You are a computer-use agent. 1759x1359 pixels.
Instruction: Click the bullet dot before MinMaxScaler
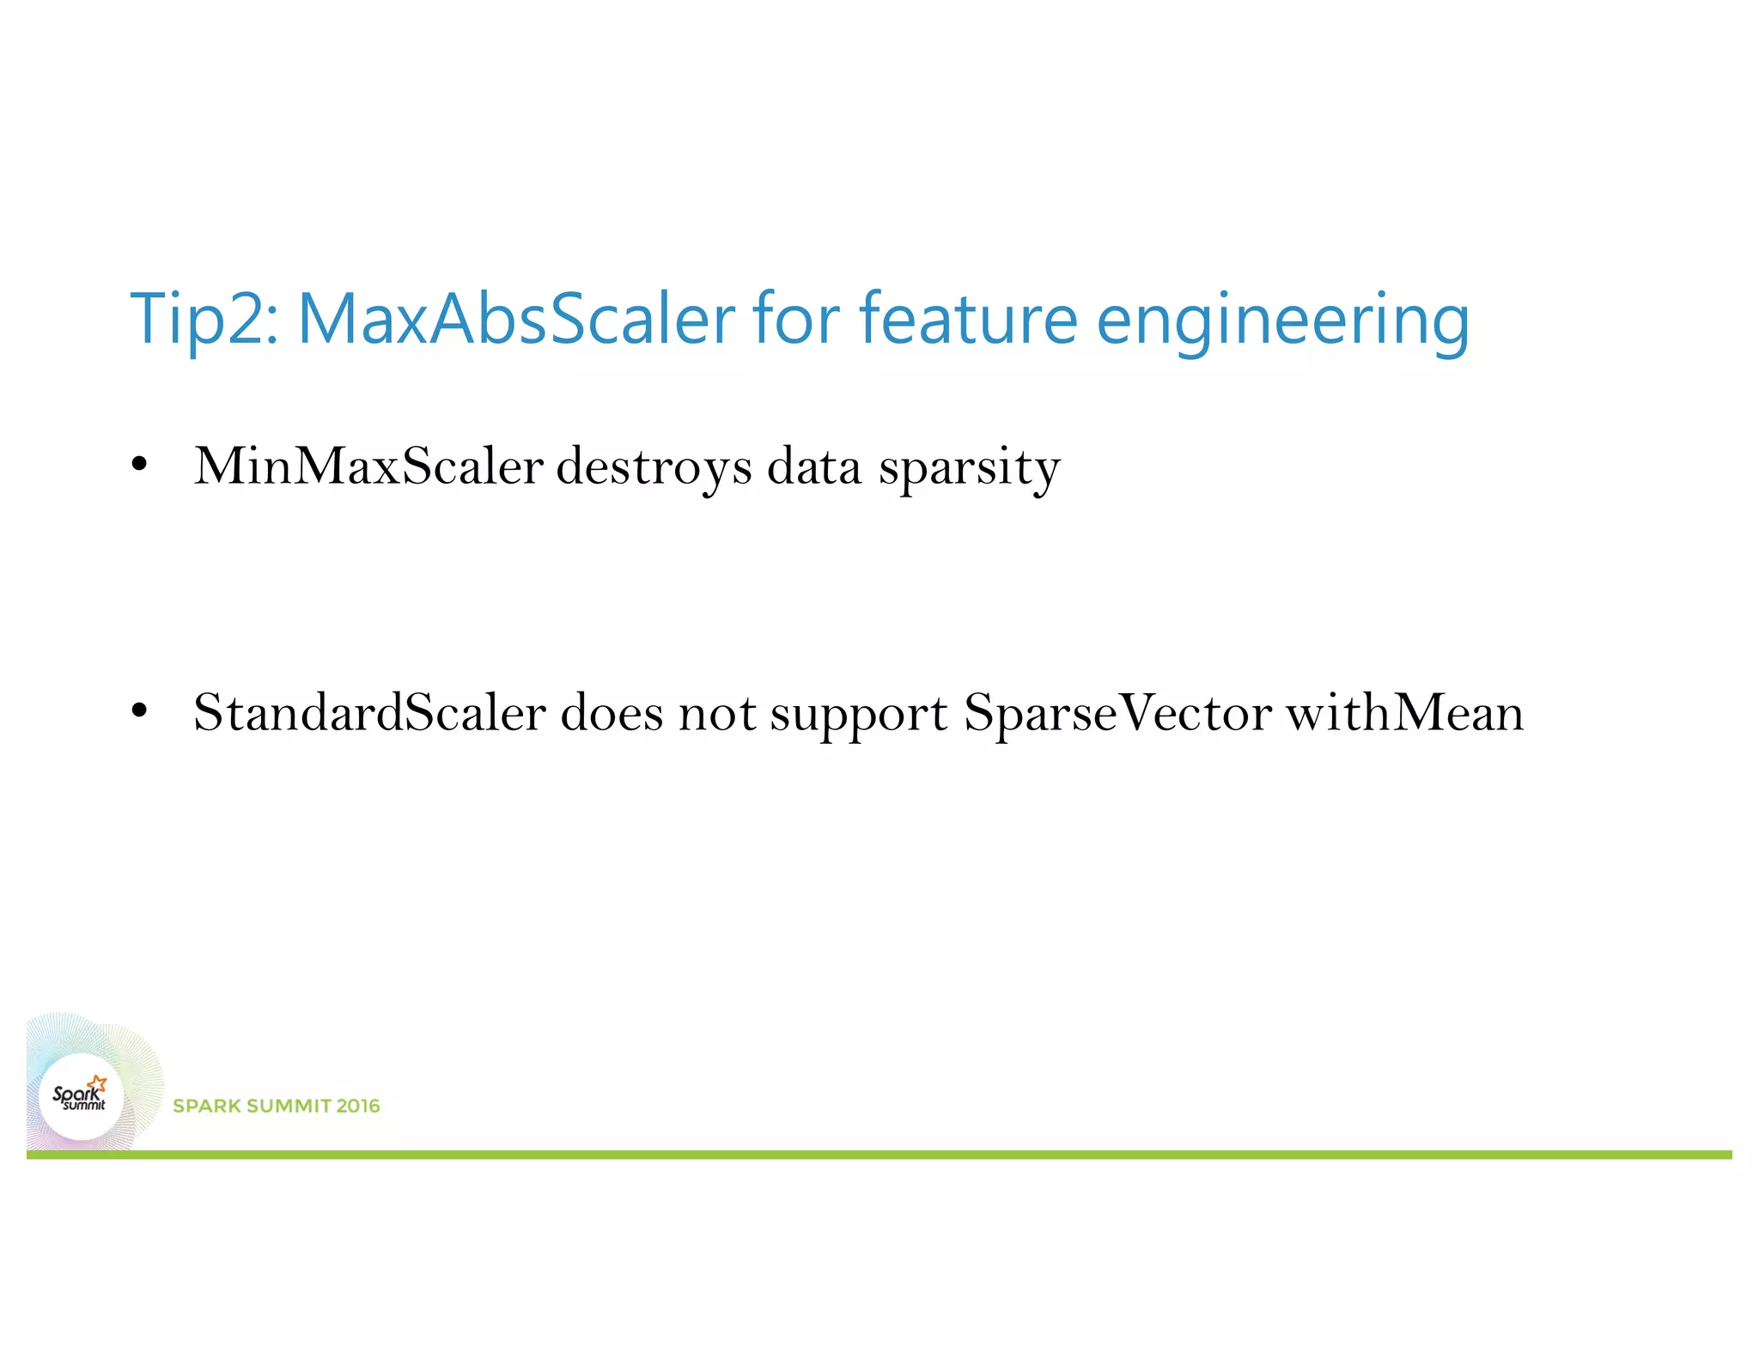tap(139, 466)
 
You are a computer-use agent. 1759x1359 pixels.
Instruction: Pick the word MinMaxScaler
tap(368, 466)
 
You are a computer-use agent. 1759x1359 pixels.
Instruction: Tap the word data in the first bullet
tap(813, 466)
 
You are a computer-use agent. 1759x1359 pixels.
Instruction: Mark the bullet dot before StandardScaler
tap(139, 711)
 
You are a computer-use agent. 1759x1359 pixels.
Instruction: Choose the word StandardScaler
tap(369, 712)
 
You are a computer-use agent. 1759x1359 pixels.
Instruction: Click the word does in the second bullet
tap(612, 712)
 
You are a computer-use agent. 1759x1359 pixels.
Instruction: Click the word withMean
tap(1404, 712)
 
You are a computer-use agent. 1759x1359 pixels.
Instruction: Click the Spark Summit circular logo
tap(82, 1097)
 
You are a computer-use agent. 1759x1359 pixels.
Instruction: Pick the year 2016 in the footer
tap(358, 1106)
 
